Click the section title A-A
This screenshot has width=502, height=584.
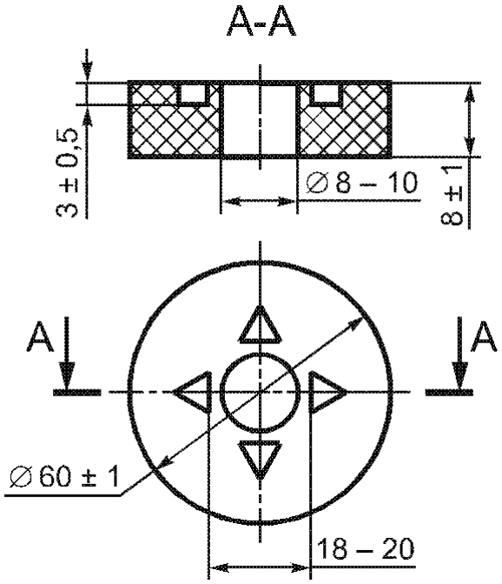point(261,22)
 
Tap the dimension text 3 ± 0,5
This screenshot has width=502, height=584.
point(68,173)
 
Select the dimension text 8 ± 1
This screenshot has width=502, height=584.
point(452,196)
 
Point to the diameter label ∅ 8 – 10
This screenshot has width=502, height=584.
point(361,182)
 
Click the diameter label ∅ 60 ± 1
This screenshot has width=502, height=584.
point(64,476)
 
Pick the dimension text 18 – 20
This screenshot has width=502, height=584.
point(366,548)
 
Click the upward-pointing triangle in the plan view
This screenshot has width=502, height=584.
point(260,324)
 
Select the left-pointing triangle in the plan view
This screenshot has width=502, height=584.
point(193,392)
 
